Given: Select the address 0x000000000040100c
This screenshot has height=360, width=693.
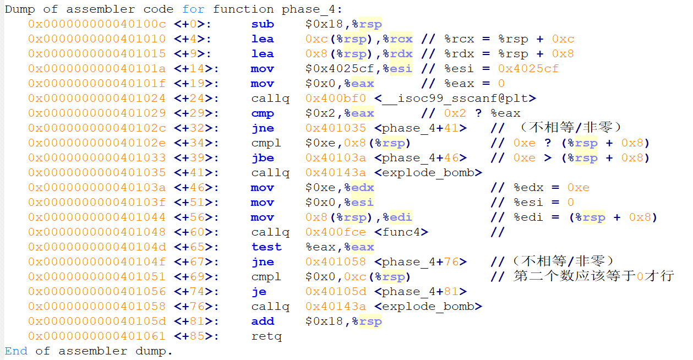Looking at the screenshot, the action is (97, 24).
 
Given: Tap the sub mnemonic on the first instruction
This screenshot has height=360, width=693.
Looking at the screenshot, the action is (262, 24).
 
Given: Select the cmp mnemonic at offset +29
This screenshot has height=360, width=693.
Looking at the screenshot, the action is (262, 113).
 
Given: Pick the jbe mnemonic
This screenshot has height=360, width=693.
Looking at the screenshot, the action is (262, 158).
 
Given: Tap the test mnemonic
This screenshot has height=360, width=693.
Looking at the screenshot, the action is (266, 247).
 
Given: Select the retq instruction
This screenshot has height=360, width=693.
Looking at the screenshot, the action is (266, 336).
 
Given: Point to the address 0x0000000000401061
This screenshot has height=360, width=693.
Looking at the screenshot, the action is (97, 336).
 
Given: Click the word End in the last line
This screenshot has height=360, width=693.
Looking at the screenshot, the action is (16, 351).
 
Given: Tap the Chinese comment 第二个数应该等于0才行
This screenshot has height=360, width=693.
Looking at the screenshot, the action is (593, 276).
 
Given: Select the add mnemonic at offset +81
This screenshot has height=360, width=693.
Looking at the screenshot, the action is (262, 321).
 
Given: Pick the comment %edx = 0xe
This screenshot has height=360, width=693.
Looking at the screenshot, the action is (551, 188).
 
